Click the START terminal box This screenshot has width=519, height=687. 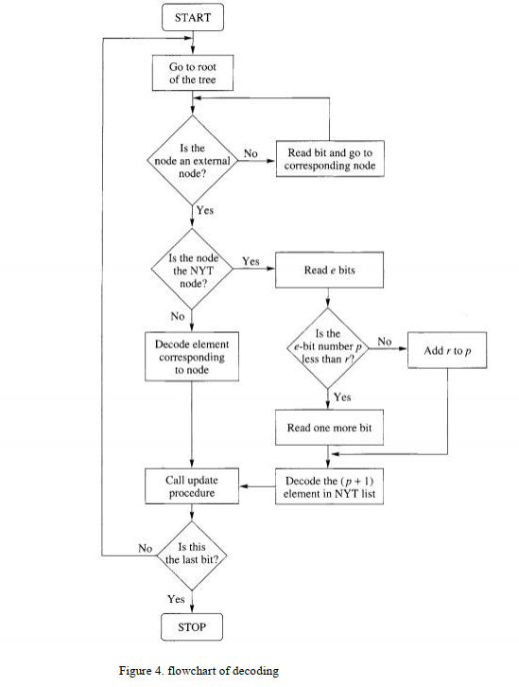[x=193, y=18]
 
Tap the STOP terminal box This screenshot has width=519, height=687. [x=192, y=627]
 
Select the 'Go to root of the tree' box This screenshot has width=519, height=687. [x=193, y=73]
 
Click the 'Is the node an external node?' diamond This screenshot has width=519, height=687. [x=192, y=160]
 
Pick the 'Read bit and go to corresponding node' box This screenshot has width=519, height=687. [x=330, y=159]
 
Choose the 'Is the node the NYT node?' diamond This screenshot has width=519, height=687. [x=192, y=270]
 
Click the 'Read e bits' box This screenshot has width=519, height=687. [x=329, y=270]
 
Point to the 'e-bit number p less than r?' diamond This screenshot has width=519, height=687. [x=328, y=348]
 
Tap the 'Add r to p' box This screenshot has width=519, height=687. [x=447, y=350]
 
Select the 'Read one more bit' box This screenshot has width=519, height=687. [x=329, y=428]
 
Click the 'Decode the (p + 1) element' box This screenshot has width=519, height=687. [x=329, y=486]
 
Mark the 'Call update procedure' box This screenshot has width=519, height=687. [x=192, y=486]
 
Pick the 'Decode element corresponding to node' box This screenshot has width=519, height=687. [x=192, y=356]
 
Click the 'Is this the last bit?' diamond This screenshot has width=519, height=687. [x=192, y=555]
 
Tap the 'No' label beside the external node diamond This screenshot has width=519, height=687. [x=251, y=153]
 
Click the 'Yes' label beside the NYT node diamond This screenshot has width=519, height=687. [x=251, y=261]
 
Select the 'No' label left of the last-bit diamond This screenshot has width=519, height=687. [x=145, y=548]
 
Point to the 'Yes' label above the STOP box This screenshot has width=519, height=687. [x=176, y=599]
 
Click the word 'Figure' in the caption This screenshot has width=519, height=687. [x=134, y=671]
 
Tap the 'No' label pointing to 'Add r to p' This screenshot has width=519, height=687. [x=384, y=342]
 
